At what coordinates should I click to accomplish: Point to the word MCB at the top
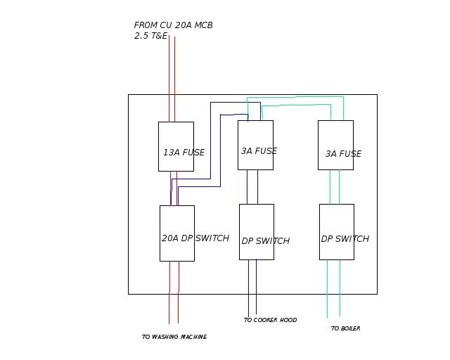(203, 25)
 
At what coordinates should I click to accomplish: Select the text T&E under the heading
(161, 36)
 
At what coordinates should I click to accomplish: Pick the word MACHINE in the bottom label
(194, 337)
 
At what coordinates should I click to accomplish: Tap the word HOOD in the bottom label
(288, 321)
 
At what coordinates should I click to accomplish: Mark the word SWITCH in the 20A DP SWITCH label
(212, 238)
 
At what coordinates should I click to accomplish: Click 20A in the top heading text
(183, 25)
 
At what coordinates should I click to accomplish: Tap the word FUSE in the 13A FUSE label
(193, 153)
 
